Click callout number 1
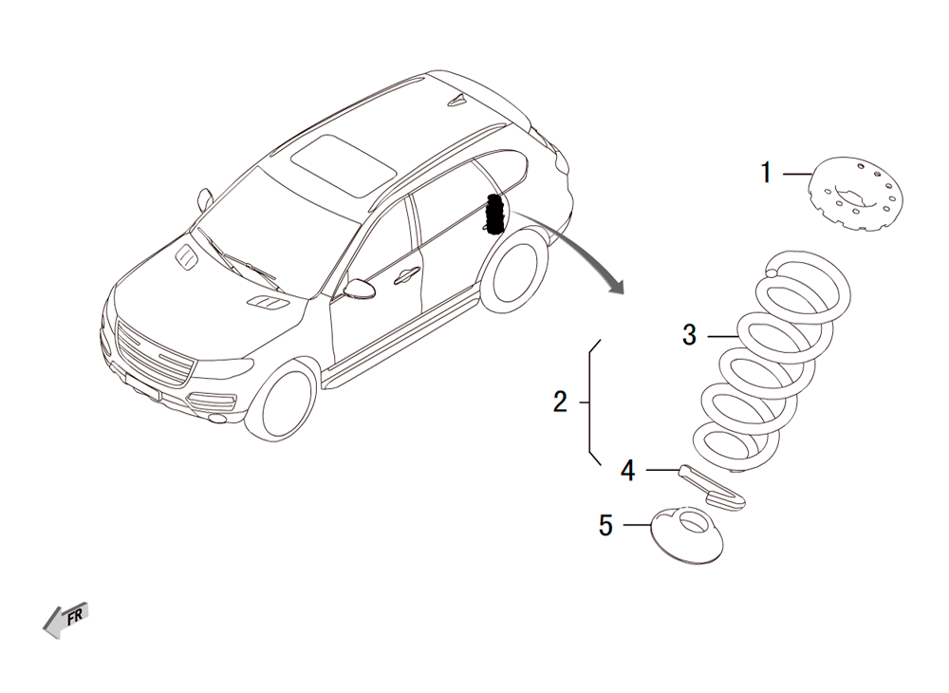(x=766, y=173)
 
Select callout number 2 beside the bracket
(x=561, y=402)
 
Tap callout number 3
(x=689, y=335)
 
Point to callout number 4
(x=627, y=470)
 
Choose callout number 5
(x=605, y=525)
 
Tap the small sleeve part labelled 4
(x=713, y=486)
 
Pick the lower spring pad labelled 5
(x=687, y=535)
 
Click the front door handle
(x=406, y=275)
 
